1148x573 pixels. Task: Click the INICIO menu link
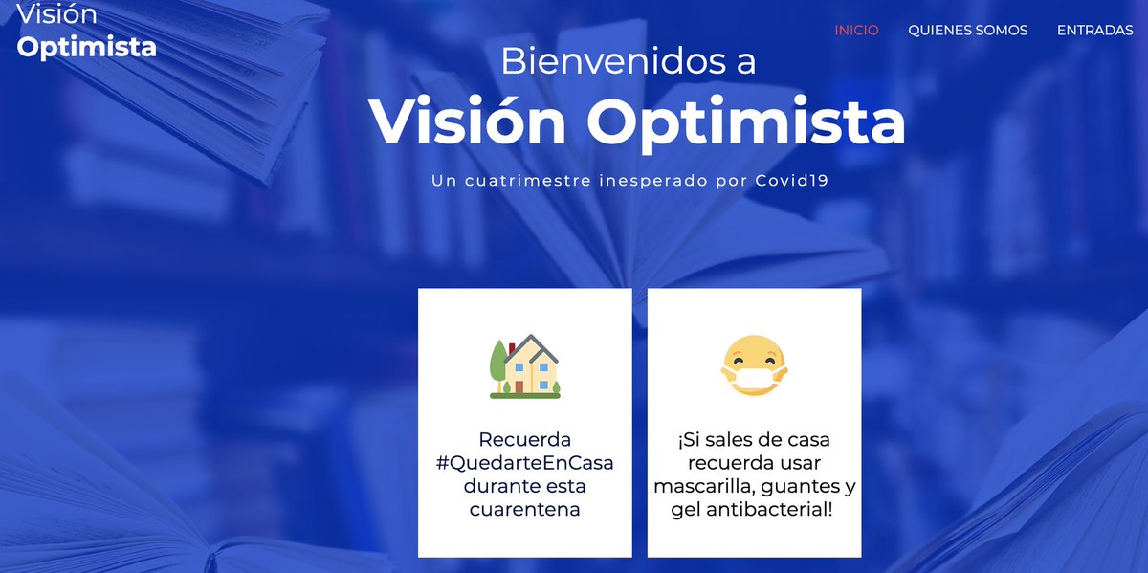856,31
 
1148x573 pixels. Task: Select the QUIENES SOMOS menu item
967,31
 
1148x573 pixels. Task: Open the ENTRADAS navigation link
1094,31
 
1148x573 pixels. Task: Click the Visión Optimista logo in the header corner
86,32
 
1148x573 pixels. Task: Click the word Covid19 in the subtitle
791,180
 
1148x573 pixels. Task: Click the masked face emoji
754,367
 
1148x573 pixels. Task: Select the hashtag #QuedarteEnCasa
524,463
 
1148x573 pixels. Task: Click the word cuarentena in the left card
524,509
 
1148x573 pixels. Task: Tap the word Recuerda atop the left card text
524,440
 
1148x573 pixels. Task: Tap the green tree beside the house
498,364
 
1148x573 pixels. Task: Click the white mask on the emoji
754,379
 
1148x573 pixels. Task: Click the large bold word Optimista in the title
746,121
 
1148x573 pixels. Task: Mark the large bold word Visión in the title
469,121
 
